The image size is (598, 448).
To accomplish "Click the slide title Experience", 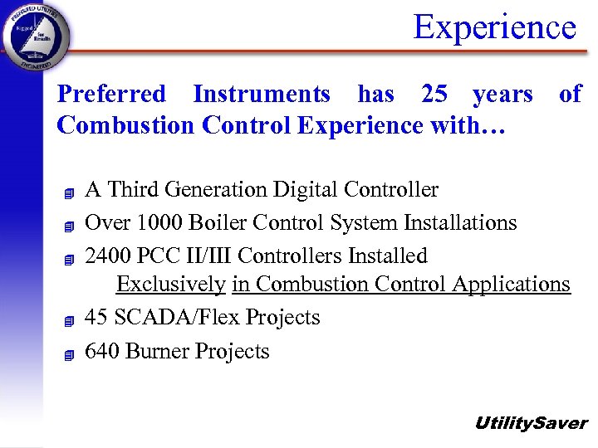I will pyautogui.click(x=494, y=27).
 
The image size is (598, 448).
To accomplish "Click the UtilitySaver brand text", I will pyautogui.click(x=530, y=423).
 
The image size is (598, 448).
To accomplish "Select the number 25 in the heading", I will pyautogui.click(x=434, y=95).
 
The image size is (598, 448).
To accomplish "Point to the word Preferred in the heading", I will pyautogui.click(x=111, y=95).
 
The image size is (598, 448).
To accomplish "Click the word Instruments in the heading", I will pyautogui.click(x=262, y=95).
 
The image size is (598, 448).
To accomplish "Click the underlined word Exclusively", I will pyautogui.click(x=170, y=285).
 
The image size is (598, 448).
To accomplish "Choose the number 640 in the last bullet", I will pyautogui.click(x=102, y=352).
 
